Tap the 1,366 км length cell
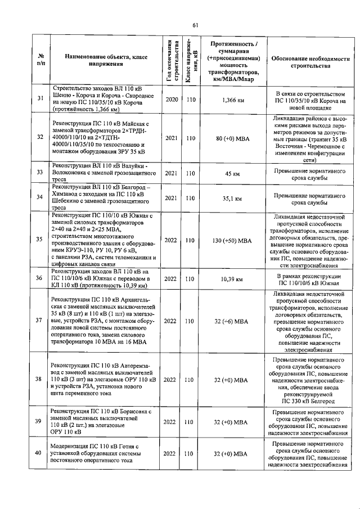[233, 100]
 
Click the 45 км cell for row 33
[233, 173]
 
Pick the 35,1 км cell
[233, 198]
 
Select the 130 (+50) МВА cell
[233, 240]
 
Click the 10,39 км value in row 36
[233, 278]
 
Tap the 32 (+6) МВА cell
[233, 322]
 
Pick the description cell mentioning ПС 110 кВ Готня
[106, 454]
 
